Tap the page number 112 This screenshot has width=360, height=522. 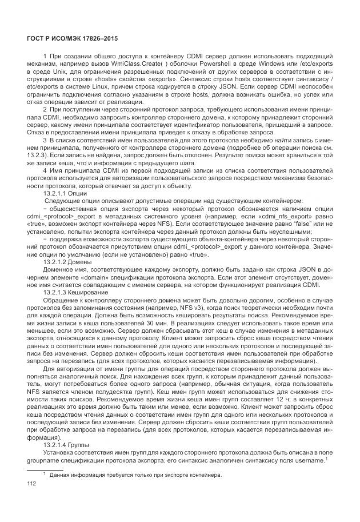point(32,484)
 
